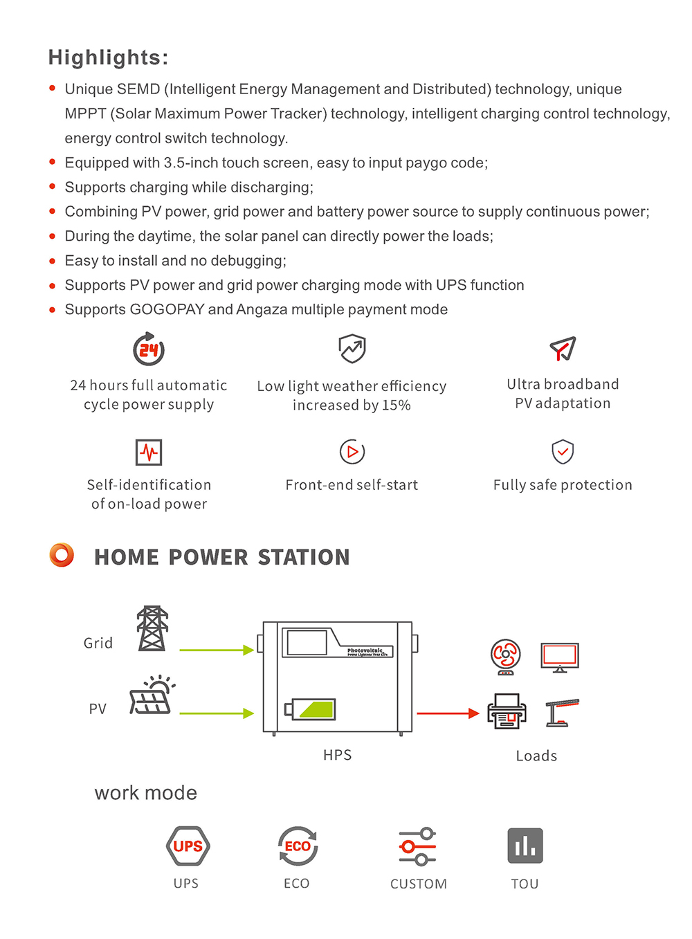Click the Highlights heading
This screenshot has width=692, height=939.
[x=108, y=57]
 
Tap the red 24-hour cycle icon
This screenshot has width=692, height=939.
[x=149, y=349]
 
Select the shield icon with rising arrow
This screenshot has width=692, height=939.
[x=352, y=349]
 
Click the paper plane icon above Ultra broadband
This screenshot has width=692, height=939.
[x=563, y=349]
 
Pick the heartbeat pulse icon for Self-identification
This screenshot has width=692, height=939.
[x=149, y=453]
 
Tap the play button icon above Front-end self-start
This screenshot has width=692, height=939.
[x=352, y=452]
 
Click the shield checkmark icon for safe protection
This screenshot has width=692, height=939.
[x=563, y=452]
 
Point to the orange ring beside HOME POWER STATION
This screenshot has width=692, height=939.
[x=62, y=555]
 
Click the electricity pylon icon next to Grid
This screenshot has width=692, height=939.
[x=152, y=628]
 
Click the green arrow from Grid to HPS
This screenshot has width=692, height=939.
[x=217, y=650]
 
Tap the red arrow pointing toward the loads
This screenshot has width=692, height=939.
[x=448, y=713]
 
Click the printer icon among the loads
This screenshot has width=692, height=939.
[x=507, y=711]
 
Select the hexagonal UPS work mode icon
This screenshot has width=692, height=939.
[x=188, y=846]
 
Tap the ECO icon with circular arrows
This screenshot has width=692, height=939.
[x=298, y=846]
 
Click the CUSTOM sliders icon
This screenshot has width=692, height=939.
[x=418, y=846]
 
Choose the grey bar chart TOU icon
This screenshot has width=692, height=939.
[x=525, y=846]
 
